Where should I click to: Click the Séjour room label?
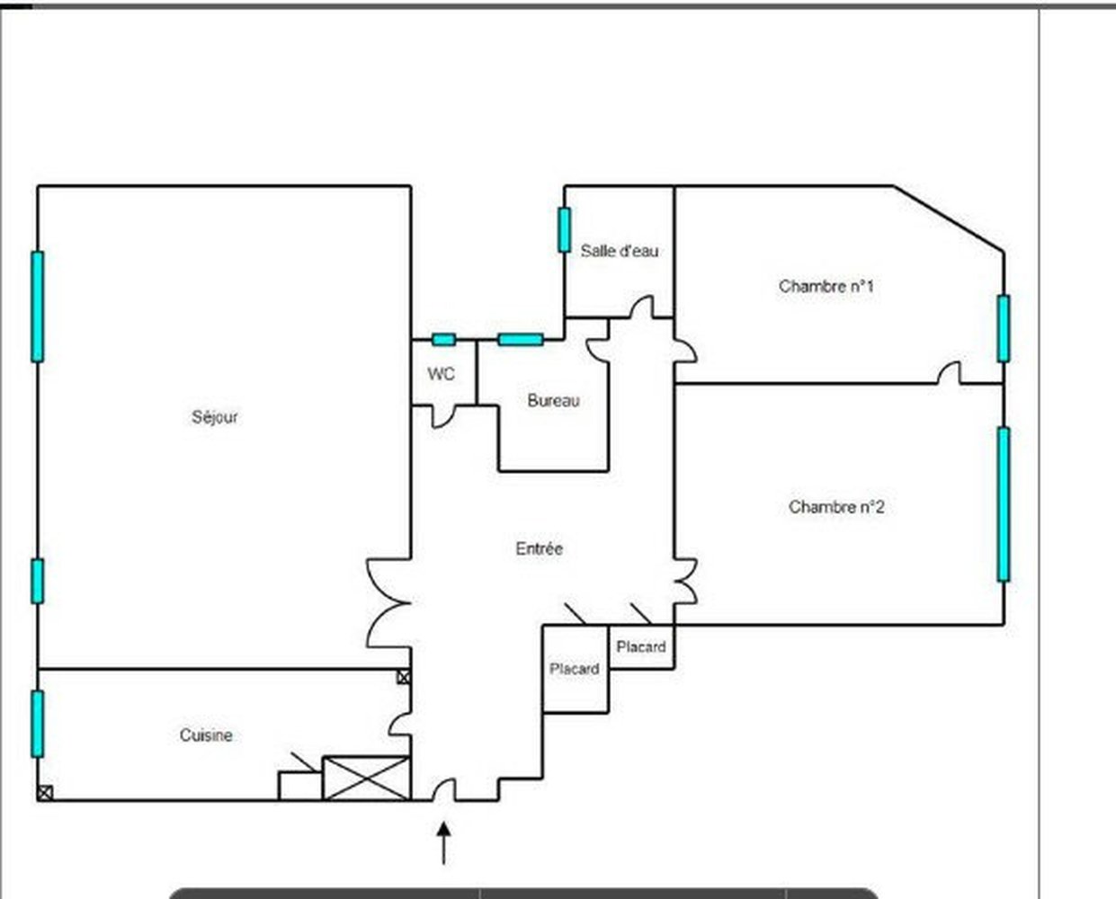tap(215, 417)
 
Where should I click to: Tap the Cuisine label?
tap(206, 735)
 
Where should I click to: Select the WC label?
tap(442, 374)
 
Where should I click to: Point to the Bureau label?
tap(553, 401)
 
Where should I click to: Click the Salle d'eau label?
tap(620, 251)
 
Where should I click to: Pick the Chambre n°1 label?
tap(826, 286)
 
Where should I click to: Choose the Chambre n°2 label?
tap(836, 506)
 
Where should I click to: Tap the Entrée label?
tap(540, 548)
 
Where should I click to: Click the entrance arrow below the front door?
tap(443, 843)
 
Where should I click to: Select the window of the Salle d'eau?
tap(564, 230)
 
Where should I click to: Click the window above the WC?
tap(444, 340)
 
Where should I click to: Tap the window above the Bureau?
tap(520, 340)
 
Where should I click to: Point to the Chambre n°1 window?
tap(1004, 328)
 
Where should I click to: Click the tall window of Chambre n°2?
tap(1004, 504)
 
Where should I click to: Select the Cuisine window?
tap(38, 724)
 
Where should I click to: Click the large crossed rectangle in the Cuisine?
tap(366, 779)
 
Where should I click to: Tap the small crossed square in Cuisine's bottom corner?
tap(45, 793)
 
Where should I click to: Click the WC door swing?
tap(444, 417)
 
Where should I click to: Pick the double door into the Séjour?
tap(388, 603)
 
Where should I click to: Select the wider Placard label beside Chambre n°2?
tap(641, 647)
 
